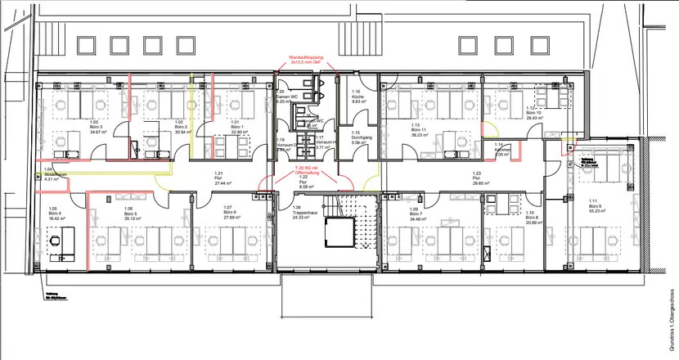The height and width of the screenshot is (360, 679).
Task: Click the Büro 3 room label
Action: [97, 127]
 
